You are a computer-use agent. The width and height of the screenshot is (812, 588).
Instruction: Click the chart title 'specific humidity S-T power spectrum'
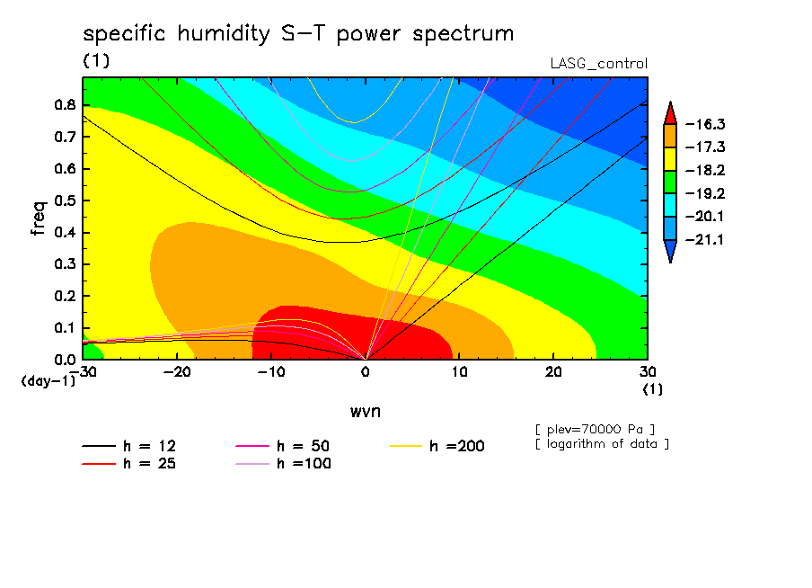[x=298, y=34]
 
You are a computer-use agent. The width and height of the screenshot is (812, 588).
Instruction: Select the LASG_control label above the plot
[x=598, y=64]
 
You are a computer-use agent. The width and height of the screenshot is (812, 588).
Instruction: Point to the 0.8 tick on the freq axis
[x=65, y=104]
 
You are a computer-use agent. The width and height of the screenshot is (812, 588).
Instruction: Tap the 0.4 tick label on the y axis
[x=65, y=232]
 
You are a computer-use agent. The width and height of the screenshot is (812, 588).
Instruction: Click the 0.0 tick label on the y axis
[x=65, y=360]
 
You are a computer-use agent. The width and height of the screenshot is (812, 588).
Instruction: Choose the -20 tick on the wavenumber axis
[x=177, y=372]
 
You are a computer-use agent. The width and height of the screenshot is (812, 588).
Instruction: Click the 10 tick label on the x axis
[x=459, y=372]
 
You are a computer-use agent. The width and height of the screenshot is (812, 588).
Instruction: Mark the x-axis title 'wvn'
[x=366, y=412]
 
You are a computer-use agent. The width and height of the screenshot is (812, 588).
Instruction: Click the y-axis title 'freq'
[x=39, y=218]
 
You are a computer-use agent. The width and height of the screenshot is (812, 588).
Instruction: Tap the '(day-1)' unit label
[x=49, y=381]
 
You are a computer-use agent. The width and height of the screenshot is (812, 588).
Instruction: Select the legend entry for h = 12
[x=129, y=446]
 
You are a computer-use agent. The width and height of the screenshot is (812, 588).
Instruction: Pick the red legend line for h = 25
[x=99, y=464]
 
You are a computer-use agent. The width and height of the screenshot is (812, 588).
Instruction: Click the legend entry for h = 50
[x=283, y=446]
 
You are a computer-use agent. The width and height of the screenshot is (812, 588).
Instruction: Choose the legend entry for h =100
[x=283, y=464]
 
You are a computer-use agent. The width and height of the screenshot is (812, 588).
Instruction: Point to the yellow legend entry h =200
[x=437, y=446]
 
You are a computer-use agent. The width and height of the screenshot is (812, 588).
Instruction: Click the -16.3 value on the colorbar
[x=705, y=124]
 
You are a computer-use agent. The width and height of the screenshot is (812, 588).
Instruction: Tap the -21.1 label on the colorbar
[x=705, y=239]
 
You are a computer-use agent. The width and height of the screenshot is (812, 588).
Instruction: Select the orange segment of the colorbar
[x=670, y=136]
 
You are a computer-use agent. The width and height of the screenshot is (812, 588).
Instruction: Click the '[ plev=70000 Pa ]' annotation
[x=595, y=430]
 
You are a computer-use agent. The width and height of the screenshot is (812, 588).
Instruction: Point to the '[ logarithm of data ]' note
[x=603, y=444]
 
